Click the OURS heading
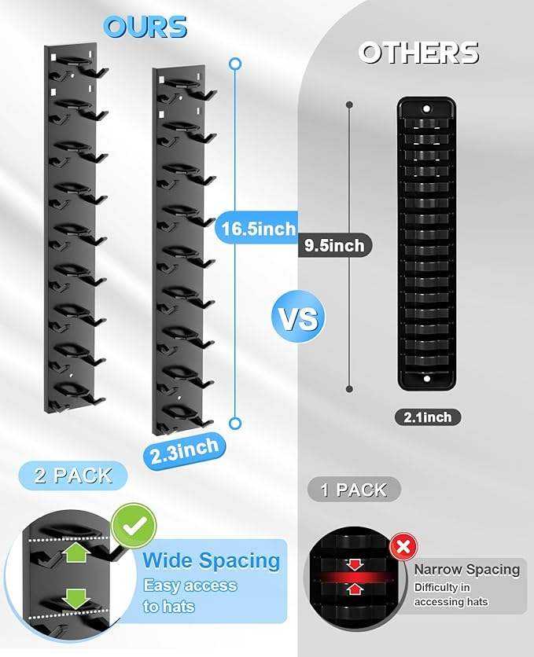[x=145, y=27]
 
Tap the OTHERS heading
[x=418, y=53]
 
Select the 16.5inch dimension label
[x=258, y=229]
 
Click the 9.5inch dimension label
[x=334, y=245]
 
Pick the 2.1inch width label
[x=428, y=417]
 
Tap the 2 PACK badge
[x=73, y=475]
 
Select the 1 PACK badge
[x=354, y=490]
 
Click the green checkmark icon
[x=134, y=525]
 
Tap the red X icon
[x=403, y=547]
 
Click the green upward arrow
[x=76, y=553]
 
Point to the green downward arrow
[x=76, y=599]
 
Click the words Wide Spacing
[x=212, y=560]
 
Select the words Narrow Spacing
[x=467, y=570]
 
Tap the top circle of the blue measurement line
[x=236, y=64]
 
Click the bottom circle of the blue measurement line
[x=236, y=423]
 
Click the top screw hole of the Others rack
[x=427, y=109]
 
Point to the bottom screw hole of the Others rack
[x=427, y=379]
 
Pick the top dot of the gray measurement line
[x=349, y=105]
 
